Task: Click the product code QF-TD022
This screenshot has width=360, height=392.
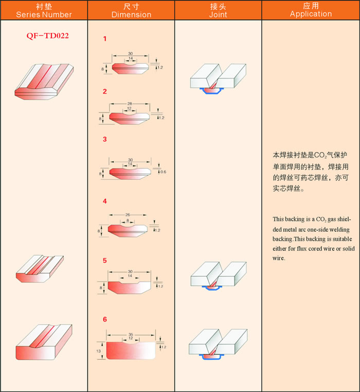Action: point(47,36)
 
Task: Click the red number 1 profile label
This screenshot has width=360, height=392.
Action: point(105,39)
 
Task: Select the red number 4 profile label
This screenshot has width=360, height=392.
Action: point(105,201)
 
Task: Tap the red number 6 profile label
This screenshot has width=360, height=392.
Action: point(105,319)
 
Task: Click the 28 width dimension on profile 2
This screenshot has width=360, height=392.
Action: point(130,103)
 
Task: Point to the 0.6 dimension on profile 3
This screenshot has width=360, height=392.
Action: point(163,172)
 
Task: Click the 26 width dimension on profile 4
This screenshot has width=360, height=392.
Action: point(128,215)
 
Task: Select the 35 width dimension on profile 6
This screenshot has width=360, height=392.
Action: point(131,334)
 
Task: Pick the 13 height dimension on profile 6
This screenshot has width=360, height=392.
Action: point(98,351)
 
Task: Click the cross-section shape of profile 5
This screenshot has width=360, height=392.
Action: point(129,287)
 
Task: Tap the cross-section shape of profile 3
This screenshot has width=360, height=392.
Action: point(130,173)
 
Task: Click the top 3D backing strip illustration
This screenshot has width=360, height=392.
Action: point(44,82)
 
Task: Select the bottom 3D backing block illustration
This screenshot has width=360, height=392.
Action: point(44,342)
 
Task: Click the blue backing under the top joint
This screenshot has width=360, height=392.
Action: point(211,91)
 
